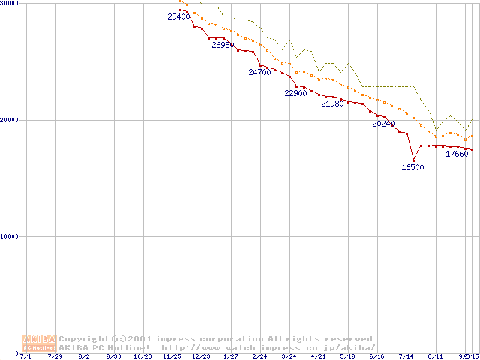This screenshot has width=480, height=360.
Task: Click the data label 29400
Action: pos(178,16)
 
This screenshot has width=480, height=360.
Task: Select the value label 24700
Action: pos(259,73)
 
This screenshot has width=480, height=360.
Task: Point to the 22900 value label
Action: pos(295,93)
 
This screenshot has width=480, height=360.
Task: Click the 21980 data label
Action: pos(332,103)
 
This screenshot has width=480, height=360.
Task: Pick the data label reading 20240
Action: pos(383,124)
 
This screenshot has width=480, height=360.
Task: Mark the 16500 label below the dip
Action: pos(412,167)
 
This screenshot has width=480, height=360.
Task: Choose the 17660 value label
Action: pos(457,154)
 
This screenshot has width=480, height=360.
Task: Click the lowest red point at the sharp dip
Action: pos(413,160)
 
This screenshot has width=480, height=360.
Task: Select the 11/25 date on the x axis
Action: pos(172,357)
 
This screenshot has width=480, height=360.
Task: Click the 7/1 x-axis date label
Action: pos(25,357)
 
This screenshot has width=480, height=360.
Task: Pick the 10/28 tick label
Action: pos(142,357)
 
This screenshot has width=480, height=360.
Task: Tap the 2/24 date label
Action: pos(259,357)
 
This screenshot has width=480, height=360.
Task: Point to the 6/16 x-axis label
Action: pos(376,357)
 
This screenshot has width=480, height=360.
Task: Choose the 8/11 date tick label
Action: pos(436,357)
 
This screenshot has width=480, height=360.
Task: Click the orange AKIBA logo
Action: pos(40,343)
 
